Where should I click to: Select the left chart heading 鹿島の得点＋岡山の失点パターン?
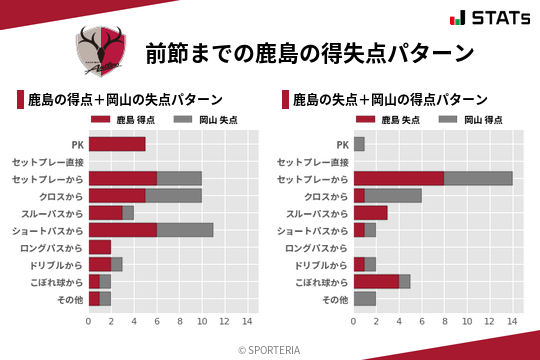point(124,100)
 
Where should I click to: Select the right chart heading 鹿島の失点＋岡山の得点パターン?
point(390,100)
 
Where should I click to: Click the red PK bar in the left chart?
point(117,144)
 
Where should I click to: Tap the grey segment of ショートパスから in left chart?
point(185,230)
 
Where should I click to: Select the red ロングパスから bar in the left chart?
point(100,247)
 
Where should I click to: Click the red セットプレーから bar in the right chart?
point(398,178)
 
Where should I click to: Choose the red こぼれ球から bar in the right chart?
point(376,281)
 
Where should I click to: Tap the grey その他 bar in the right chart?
point(364,298)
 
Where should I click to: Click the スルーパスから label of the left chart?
point(52,213)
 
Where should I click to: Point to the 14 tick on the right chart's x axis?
point(513,321)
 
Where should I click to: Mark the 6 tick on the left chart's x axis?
point(157,321)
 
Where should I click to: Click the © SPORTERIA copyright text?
point(270,349)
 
